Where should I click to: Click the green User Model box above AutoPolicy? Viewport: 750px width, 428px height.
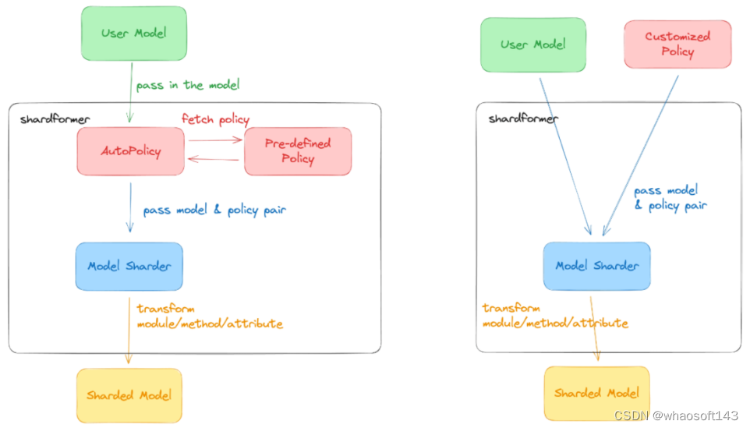134,34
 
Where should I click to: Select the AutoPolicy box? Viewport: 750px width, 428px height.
130,151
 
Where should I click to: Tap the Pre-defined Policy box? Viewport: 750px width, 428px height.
298,151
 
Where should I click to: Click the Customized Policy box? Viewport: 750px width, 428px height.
677,44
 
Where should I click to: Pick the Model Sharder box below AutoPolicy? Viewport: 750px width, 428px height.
129,267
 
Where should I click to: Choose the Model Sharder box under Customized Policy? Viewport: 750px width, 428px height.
597,266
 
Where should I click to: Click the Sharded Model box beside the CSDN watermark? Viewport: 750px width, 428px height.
597,393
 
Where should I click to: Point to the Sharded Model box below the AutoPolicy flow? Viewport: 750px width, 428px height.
129,395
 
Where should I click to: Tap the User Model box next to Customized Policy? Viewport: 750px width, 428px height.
533,45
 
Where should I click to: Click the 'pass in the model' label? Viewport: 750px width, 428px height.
187,85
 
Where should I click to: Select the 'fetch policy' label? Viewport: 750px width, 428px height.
215,119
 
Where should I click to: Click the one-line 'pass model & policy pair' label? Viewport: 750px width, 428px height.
214,210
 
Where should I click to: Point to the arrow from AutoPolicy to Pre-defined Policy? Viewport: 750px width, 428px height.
215,140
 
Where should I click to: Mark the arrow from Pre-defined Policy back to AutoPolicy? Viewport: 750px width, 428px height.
214,159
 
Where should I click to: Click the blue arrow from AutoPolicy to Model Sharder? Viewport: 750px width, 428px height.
130,207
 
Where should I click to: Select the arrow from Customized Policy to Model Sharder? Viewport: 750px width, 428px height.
641,155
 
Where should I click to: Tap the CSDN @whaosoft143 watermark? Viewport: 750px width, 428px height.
676,415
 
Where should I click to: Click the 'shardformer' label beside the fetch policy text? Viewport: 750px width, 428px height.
55,119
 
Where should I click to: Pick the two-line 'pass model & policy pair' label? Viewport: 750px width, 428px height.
670,198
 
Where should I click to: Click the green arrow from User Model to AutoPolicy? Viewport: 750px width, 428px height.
130,92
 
